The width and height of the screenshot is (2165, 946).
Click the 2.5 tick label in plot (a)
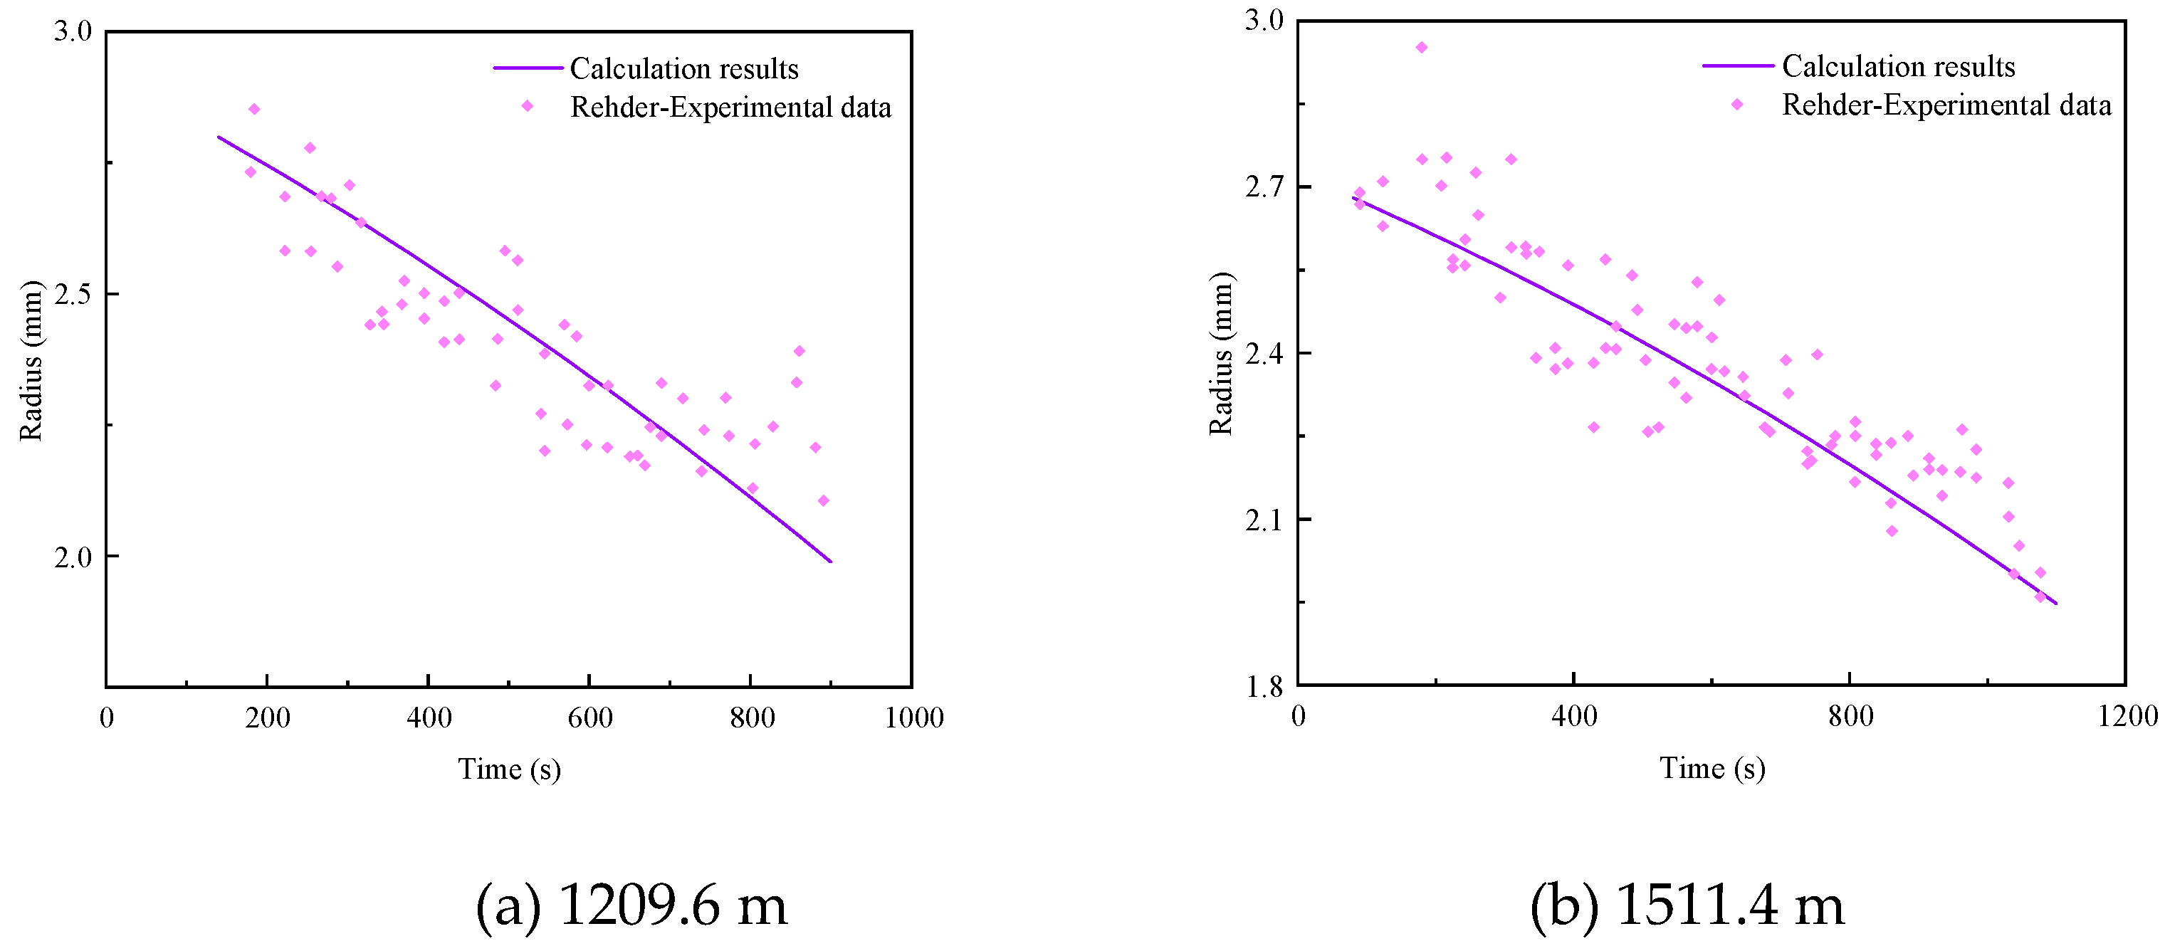pos(73,295)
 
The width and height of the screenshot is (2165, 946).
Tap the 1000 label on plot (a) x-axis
pos(913,718)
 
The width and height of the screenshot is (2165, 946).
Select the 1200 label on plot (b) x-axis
pos(2127,716)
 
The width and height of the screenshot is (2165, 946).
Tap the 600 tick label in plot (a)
pos(589,718)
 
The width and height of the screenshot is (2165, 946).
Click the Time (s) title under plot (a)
pos(509,769)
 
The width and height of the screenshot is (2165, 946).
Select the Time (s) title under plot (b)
pos(1712,768)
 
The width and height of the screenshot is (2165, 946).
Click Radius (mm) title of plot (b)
pos(1220,354)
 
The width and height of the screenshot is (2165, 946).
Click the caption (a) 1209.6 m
pos(631,905)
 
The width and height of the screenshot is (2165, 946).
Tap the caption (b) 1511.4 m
pos(1687,905)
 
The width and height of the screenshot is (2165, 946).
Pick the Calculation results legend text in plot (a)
pos(684,69)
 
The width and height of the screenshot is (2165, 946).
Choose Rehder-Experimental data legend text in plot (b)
pos(1946,105)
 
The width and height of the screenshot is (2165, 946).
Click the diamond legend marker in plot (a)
pos(528,106)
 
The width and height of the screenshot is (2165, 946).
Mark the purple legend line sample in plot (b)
pos(1738,65)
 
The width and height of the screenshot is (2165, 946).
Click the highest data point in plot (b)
pos(1421,48)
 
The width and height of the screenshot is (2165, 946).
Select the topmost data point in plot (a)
pos(254,109)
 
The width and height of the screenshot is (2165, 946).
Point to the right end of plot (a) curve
pos(830,561)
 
